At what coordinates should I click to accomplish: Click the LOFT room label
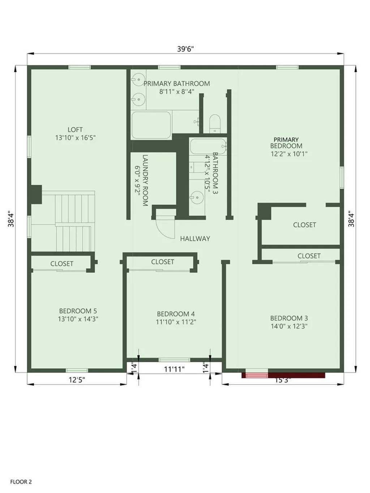75,129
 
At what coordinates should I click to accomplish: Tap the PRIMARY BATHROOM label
177,83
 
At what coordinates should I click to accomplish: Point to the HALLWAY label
195,239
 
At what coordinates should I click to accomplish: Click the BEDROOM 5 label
78,311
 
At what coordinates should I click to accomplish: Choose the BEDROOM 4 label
176,314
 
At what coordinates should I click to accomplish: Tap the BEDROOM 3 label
289,318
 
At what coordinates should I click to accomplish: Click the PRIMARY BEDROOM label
286,143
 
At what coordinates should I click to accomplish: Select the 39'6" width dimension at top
185,49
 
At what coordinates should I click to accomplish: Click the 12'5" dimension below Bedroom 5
77,380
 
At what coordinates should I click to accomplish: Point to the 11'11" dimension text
174,369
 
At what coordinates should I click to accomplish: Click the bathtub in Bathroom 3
208,147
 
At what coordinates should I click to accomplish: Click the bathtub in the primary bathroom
151,125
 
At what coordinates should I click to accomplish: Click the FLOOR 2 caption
21,482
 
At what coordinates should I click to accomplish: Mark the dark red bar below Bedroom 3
296,375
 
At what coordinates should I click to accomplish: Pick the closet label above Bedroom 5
62,264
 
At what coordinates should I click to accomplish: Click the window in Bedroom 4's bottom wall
174,360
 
